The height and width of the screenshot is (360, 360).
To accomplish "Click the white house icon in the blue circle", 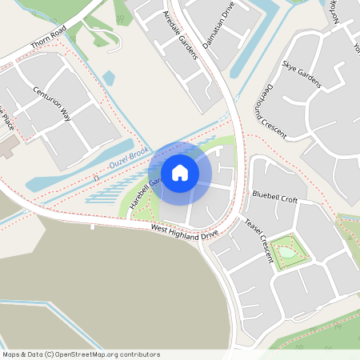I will pyautogui.click(x=180, y=173).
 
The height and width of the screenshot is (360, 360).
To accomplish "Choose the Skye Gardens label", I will pyautogui.click(x=301, y=73).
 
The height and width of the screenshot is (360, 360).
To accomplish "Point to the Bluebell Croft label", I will pyautogui.click(x=274, y=194).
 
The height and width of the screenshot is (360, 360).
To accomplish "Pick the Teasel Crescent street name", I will pyautogui.click(x=259, y=240).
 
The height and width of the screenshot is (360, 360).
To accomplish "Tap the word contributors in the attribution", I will pyautogui.click(x=137, y=354).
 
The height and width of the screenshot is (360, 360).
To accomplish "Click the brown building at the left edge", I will pyautogui.click(x=7, y=145).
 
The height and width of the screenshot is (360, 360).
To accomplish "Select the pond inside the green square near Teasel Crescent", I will pyautogui.click(x=287, y=252).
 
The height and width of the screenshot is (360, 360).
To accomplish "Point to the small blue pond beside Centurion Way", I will pyautogui.click(x=109, y=78).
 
